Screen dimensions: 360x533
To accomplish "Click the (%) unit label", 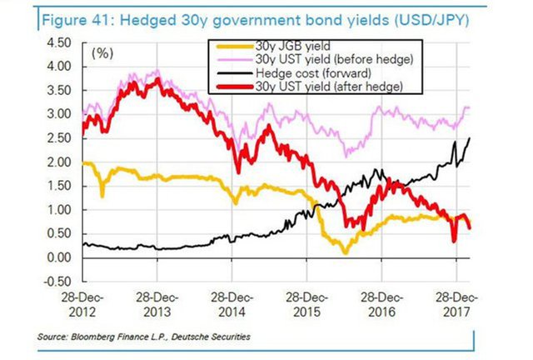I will coord(102,53).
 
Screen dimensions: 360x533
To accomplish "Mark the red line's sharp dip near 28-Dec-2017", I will coord(454,241).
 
